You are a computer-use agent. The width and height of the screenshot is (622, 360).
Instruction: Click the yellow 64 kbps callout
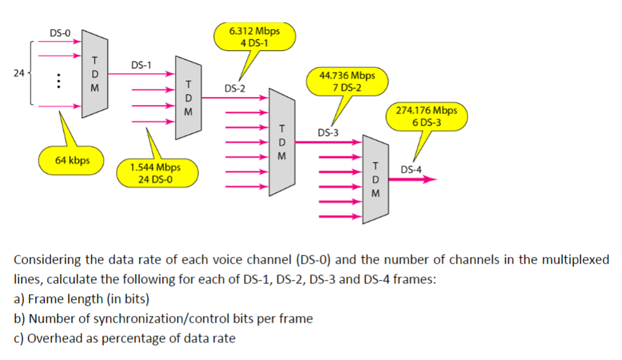point(70,161)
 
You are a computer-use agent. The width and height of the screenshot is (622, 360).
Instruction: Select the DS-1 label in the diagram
point(141,66)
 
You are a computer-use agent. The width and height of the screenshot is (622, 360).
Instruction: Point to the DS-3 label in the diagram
point(328,132)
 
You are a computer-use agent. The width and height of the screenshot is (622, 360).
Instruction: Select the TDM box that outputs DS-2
point(188,97)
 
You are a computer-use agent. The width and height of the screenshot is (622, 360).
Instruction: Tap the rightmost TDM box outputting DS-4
point(374,179)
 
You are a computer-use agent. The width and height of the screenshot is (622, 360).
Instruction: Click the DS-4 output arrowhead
point(430,180)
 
